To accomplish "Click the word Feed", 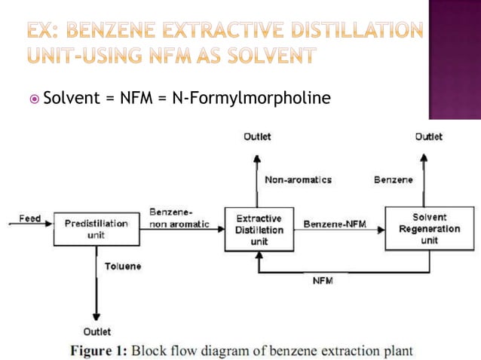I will pos(30,218).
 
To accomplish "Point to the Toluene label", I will pos(123,266).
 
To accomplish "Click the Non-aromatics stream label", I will pos(298,180).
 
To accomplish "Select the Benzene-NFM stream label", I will pos(335,224).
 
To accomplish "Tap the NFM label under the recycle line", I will pos(323,281).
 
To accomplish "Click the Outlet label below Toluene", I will pos(97,331).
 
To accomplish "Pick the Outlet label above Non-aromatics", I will pos(257,136).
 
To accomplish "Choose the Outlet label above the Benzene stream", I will pos(429,136).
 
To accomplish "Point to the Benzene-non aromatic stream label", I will pos(179,218).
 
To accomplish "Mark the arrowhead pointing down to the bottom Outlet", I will pos(97,317).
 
